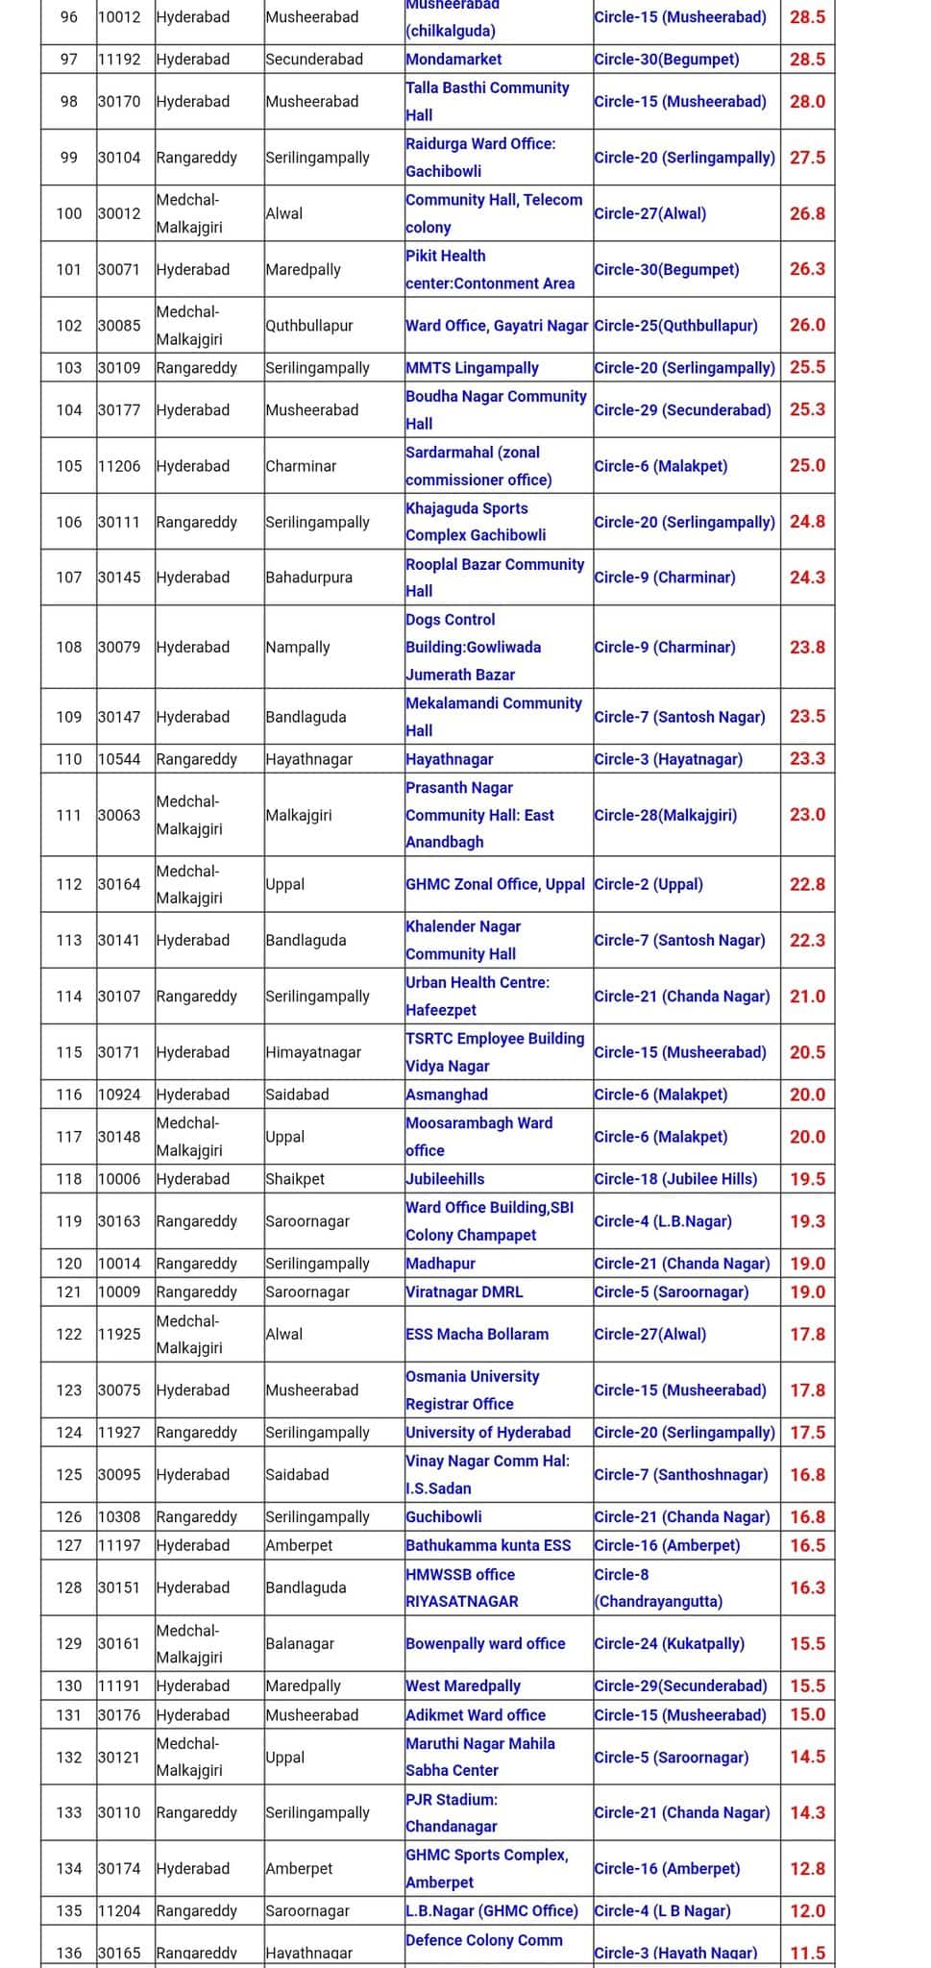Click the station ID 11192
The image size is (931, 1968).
point(119,60)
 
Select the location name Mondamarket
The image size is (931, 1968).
point(453,60)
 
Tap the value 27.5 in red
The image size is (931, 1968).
point(807,158)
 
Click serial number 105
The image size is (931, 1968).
point(69,466)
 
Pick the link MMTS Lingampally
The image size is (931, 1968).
point(472,368)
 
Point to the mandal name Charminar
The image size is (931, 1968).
point(301,466)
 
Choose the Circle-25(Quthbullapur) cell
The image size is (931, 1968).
point(675,326)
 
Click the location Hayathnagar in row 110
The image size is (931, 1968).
point(449,759)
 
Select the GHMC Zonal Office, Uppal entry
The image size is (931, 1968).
point(495,884)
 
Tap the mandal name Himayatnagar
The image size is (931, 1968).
point(313,1052)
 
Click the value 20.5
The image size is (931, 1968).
point(807,1052)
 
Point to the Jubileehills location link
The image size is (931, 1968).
point(445,1179)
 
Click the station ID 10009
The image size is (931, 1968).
point(119,1291)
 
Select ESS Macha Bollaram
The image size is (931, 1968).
point(477,1334)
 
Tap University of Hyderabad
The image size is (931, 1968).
point(488,1432)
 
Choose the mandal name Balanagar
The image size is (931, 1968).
point(300,1643)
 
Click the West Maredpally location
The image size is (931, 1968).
point(463,1685)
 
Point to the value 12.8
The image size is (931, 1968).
point(807,1868)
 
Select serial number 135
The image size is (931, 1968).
point(69,1910)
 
